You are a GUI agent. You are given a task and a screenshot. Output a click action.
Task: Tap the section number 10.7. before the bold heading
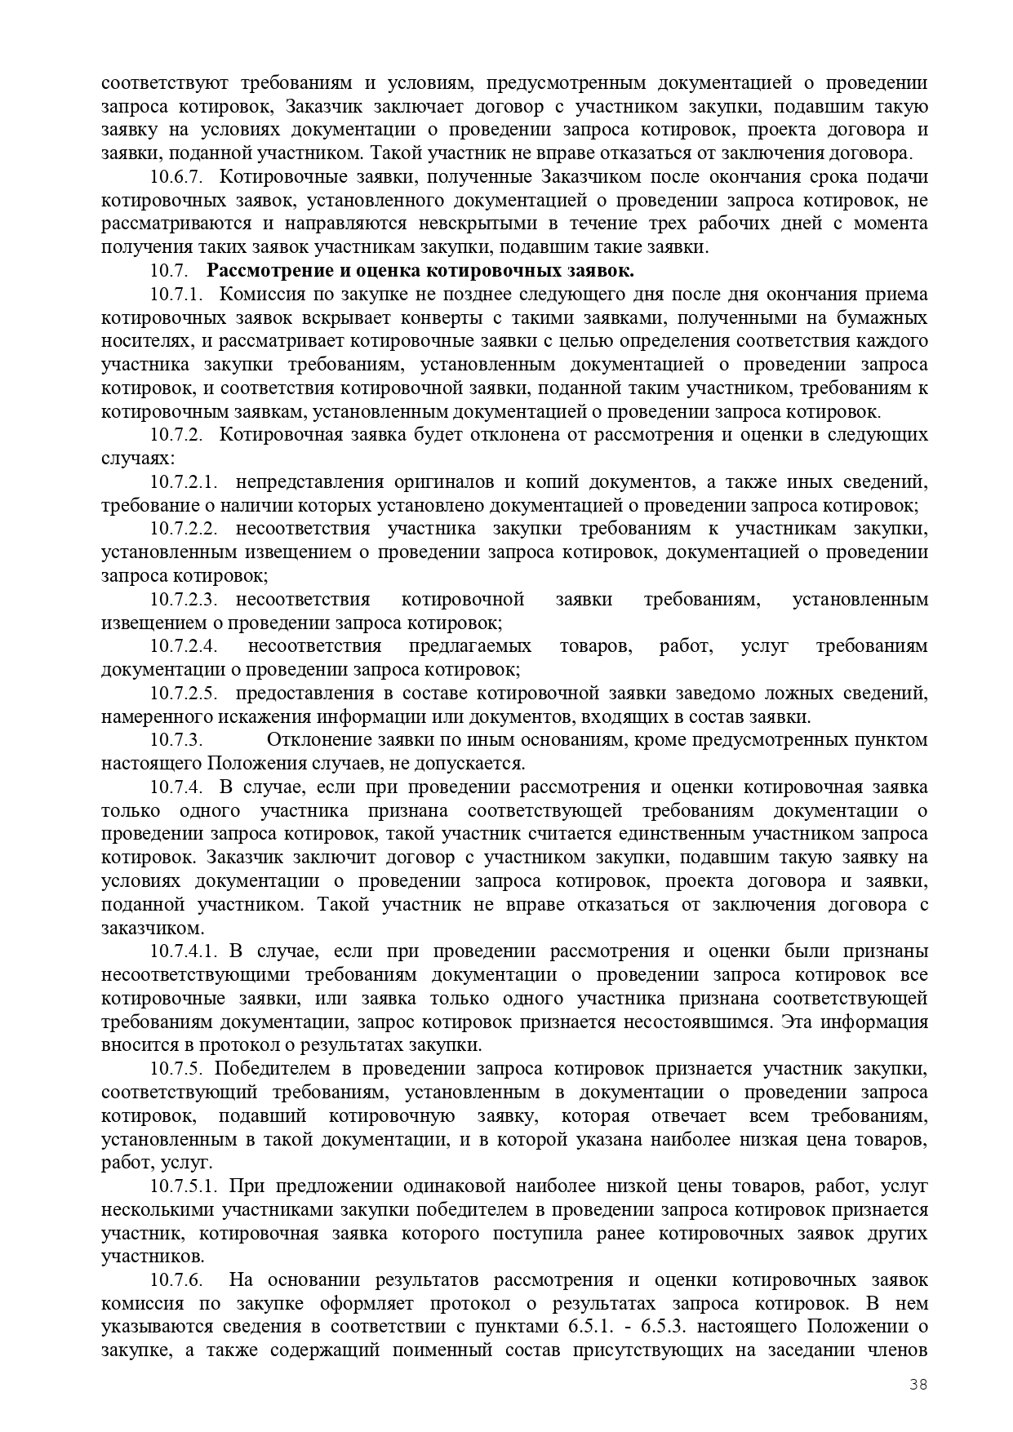[x=170, y=271]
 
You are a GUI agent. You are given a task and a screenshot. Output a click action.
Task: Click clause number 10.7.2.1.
[x=183, y=482]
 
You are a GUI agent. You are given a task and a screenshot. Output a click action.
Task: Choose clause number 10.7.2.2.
[x=183, y=530]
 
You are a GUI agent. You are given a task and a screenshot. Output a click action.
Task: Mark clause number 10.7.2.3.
[x=183, y=600]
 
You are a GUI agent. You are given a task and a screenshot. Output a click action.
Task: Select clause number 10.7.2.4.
[x=183, y=647]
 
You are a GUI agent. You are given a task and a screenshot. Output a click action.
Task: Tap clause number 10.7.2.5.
[x=183, y=694]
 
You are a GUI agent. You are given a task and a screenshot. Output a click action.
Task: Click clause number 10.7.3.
[x=175, y=741]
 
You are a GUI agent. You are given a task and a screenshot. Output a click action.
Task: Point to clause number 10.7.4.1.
[x=183, y=951]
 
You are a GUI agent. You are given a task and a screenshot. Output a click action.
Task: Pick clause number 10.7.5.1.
[x=183, y=1186]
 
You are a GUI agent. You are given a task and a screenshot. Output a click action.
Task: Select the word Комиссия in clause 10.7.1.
[x=262, y=295]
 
